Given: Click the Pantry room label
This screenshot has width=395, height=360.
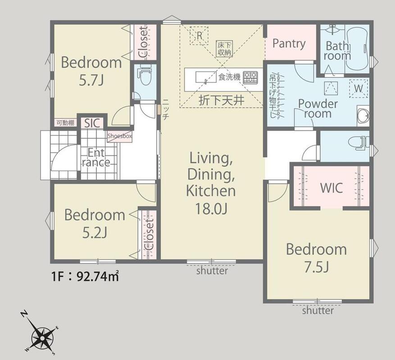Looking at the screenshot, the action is (289, 44).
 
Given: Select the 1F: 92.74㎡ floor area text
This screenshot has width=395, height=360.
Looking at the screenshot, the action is (85, 276).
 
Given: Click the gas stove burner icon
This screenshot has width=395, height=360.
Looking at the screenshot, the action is (250, 77).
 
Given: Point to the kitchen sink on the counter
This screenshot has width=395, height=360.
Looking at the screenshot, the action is (206, 77).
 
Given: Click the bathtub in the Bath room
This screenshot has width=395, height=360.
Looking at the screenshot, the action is (358, 49).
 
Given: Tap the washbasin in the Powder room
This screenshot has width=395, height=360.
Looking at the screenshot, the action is (363, 116).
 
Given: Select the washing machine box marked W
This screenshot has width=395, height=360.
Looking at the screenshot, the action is (359, 88).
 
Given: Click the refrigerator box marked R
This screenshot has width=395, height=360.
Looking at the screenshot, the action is (199, 36).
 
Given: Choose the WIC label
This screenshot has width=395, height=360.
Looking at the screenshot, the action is (331, 188).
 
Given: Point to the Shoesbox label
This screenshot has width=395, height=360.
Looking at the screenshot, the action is (120, 136).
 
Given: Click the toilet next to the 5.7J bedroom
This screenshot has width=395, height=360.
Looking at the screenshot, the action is (144, 76).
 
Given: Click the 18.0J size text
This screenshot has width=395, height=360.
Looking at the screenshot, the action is (212, 208).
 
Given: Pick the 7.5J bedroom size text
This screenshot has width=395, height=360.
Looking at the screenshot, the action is (316, 267).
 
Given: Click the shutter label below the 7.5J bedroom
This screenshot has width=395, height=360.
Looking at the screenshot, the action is (318, 310).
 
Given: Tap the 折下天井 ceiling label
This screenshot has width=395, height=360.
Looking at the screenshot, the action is (222, 100).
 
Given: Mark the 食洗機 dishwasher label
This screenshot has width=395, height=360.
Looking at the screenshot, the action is (229, 77).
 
